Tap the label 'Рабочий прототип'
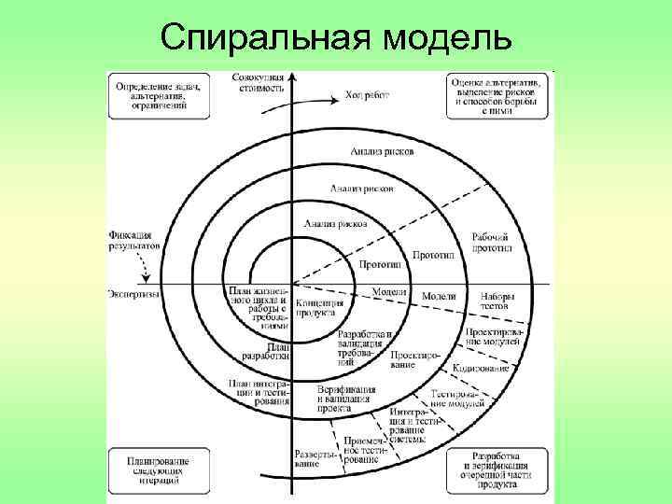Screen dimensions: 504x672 click(x=492, y=244)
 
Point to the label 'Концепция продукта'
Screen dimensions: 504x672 click(x=319, y=308)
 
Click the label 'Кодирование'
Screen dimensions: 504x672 click(x=481, y=369)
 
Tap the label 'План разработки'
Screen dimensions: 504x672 click(x=265, y=351)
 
